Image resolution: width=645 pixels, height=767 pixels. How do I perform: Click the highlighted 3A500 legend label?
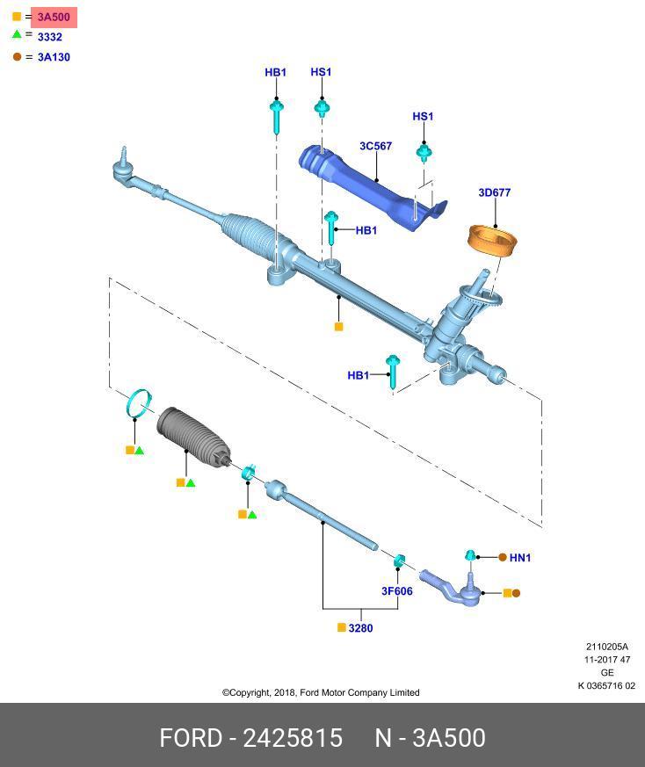tap(54, 17)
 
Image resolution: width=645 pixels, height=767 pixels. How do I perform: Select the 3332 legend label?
tap(49, 37)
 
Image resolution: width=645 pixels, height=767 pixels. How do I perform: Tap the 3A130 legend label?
tap(54, 57)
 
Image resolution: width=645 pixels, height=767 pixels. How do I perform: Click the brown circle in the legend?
tap(17, 57)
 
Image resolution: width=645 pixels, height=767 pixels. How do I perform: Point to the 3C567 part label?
tap(375, 146)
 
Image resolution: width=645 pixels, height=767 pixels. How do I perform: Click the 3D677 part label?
tap(494, 192)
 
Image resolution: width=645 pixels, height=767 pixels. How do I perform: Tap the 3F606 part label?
tap(396, 591)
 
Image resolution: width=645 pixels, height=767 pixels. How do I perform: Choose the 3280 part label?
tap(360, 628)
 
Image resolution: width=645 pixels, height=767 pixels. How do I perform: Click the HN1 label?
tap(520, 557)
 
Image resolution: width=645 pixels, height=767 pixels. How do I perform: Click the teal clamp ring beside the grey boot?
tap(138, 403)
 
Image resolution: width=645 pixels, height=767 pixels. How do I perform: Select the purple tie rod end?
tap(449, 589)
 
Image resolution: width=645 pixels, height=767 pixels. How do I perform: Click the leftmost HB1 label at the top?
tap(275, 72)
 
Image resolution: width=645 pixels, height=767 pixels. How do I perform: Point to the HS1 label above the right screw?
tap(423, 116)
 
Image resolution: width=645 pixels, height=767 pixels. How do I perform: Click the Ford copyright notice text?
tap(321, 692)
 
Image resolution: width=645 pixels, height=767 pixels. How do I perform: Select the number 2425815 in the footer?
tap(293, 738)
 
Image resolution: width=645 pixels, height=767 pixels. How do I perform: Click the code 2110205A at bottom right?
tap(607, 648)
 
